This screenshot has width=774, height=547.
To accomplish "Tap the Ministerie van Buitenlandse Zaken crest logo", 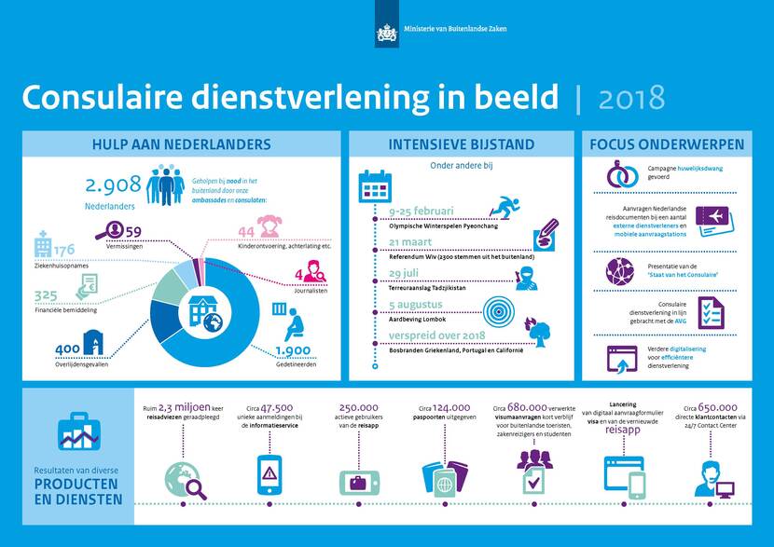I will pyautogui.click(x=386, y=34).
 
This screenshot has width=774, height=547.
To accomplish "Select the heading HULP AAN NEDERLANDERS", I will pyautogui.click(x=181, y=144).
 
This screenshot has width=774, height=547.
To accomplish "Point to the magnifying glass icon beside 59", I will pyautogui.click(x=110, y=229).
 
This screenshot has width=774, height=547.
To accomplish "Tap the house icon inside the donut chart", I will pyautogui.click(x=203, y=309).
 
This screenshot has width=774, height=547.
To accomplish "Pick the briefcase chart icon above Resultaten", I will pyautogui.click(x=78, y=431).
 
